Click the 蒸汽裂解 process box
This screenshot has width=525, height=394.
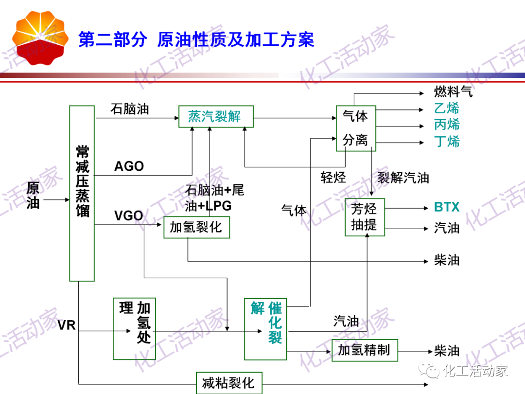pyautogui.click(x=214, y=117)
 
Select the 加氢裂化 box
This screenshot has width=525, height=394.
pyautogui.click(x=196, y=227)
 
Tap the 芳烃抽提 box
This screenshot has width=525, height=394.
pyautogui.click(x=365, y=217)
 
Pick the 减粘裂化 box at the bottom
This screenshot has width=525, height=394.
pyautogui.click(x=229, y=383)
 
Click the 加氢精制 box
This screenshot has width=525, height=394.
pyautogui.click(x=365, y=350)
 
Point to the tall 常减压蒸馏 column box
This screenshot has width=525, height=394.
pyautogui.click(x=82, y=193)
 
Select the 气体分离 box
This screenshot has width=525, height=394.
pyautogui.click(x=355, y=128)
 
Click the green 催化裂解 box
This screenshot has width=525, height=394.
pyautogui.click(x=266, y=329)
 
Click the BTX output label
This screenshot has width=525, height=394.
pyautogui.click(x=447, y=207)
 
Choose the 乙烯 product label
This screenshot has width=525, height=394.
pyautogui.click(x=447, y=108)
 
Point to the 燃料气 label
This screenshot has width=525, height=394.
pyautogui.click(x=453, y=91)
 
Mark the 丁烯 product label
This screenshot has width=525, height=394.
pyautogui.click(x=447, y=142)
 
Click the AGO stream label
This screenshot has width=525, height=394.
pyautogui.click(x=129, y=166)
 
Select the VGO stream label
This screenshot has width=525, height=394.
pyautogui.click(x=128, y=215)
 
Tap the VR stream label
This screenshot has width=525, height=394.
pyautogui.click(x=67, y=325)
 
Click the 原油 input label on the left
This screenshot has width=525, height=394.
pyautogui.click(x=33, y=195)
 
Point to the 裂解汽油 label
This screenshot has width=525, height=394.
pyautogui.click(x=403, y=178)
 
